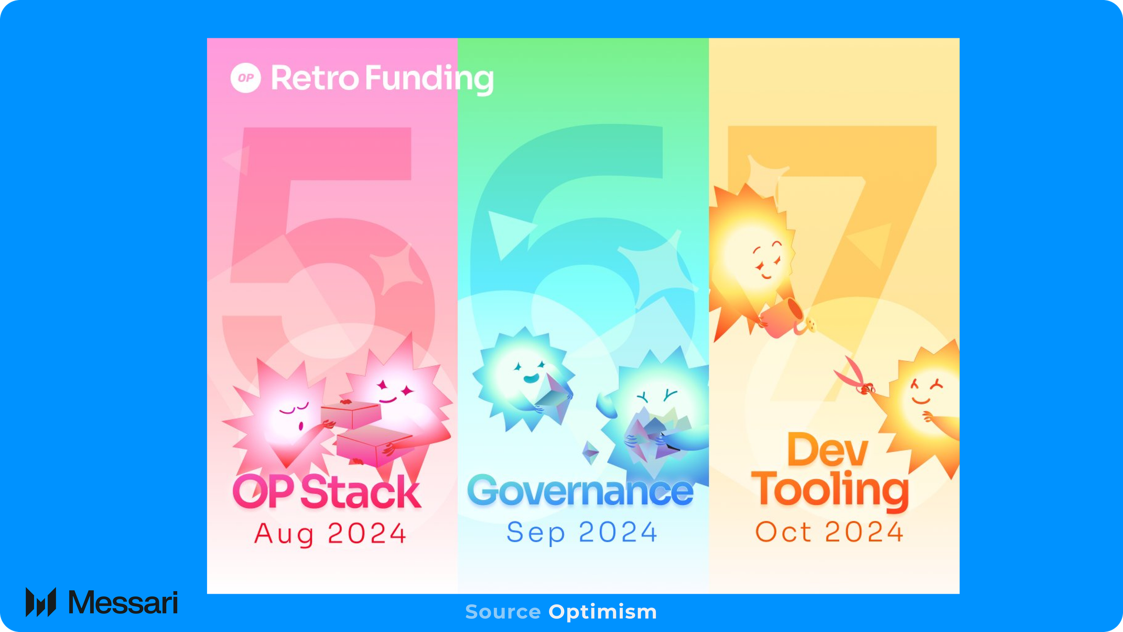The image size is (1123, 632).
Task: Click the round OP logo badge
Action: tap(246, 78)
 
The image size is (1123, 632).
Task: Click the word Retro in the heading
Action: tap(315, 78)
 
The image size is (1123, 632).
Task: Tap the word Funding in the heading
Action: tap(429, 79)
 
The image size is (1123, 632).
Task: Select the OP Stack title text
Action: tap(327, 491)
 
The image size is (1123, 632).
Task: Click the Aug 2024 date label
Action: tap(330, 534)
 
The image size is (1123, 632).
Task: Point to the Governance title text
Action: tap(580, 491)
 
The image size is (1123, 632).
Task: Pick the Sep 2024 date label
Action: tap(582, 532)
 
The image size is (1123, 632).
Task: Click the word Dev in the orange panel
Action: tap(827, 450)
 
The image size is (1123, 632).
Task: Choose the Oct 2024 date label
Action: tap(829, 532)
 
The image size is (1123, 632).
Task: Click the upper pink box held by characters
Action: tap(351, 414)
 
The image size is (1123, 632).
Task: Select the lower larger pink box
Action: tap(373, 445)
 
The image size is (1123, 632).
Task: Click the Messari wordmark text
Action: tap(123, 602)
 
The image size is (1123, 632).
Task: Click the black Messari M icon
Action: tap(41, 602)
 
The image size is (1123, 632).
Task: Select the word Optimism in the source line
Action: tap(602, 612)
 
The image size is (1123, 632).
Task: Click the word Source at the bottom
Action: tap(503, 612)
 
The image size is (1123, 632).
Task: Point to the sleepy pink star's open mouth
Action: tap(301, 425)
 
